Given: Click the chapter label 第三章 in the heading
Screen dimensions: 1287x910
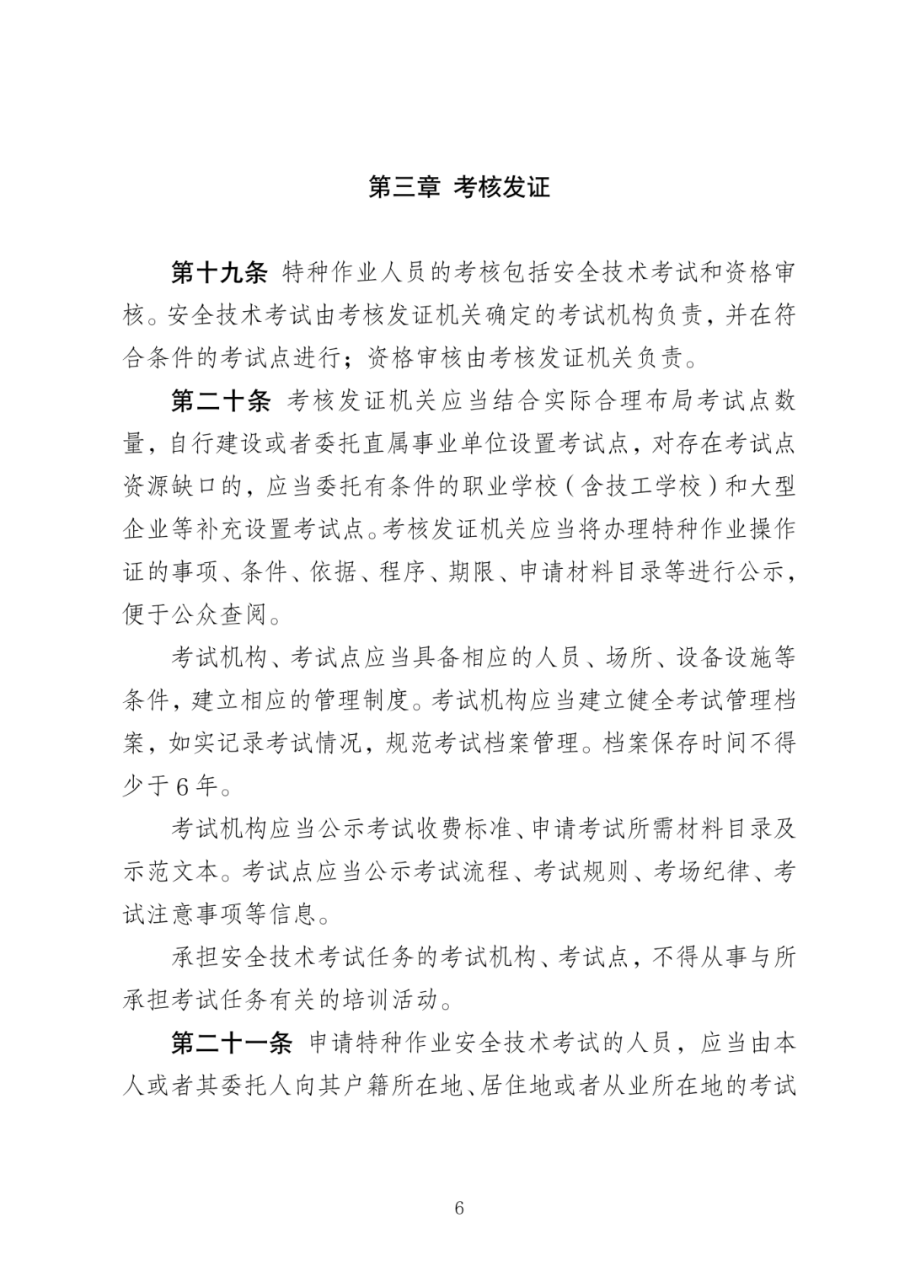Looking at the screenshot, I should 404,187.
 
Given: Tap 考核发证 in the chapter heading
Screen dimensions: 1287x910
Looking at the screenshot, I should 502,187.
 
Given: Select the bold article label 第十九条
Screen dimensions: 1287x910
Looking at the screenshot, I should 219,274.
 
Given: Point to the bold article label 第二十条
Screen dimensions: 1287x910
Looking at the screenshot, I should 219,402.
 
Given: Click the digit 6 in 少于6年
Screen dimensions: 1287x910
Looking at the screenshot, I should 184,787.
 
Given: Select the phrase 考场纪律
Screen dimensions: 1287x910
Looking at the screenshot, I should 701,872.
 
